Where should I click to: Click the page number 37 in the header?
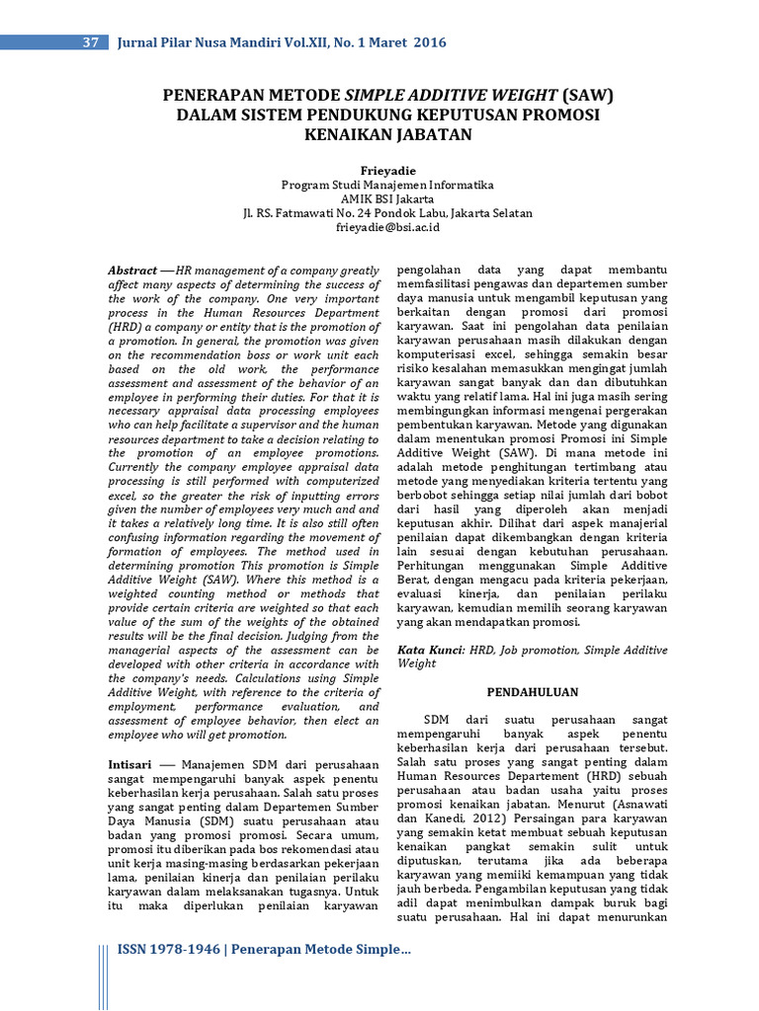coord(89,42)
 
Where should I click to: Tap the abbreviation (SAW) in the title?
coord(587,96)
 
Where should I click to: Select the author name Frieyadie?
coord(387,169)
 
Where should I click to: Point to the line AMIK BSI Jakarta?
coord(387,198)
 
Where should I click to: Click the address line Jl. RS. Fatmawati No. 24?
coord(387,213)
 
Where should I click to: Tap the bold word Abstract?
coord(132,271)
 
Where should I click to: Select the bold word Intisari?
coord(128,764)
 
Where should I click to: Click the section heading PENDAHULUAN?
coord(532,692)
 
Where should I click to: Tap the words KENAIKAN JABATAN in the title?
coord(387,134)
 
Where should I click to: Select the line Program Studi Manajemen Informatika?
coord(387,185)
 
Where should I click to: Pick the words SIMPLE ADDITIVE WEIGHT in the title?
coord(450,96)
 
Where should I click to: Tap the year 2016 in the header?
coord(430,42)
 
